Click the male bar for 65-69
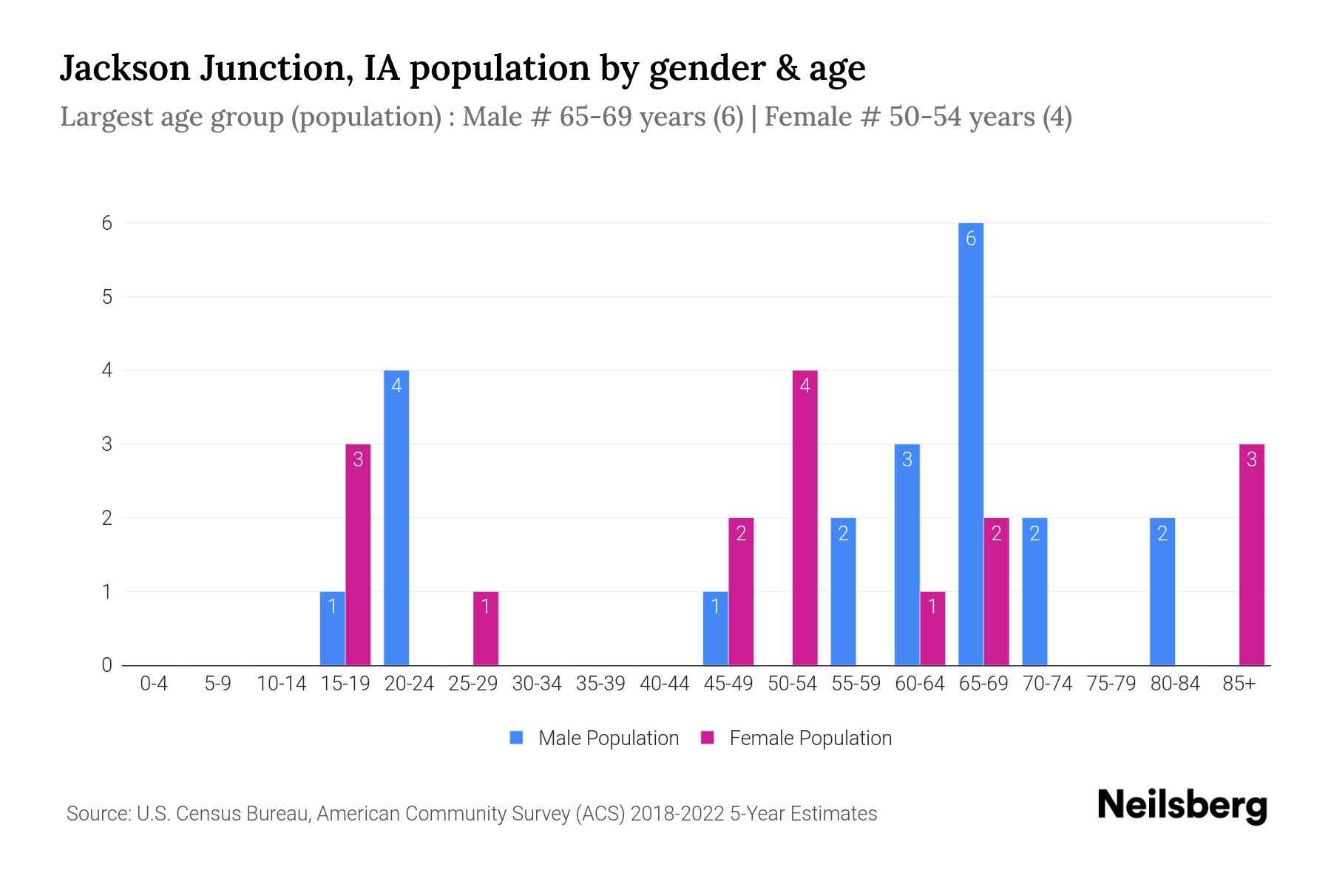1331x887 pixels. [971, 443]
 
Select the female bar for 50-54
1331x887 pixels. [805, 517]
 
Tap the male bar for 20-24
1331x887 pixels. [396, 517]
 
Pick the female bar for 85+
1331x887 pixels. [1252, 554]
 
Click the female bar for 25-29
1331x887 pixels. [486, 628]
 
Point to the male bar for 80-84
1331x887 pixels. [1162, 591]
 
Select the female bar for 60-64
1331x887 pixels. [932, 628]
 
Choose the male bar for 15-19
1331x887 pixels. [333, 628]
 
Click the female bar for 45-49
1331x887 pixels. [741, 591]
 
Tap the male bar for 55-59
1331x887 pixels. [843, 591]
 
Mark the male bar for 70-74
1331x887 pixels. [1034, 591]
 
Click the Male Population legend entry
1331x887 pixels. [595, 738]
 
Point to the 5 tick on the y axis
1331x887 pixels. [108, 296]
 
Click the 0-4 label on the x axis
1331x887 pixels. [154, 684]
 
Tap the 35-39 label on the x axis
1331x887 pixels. [600, 684]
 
